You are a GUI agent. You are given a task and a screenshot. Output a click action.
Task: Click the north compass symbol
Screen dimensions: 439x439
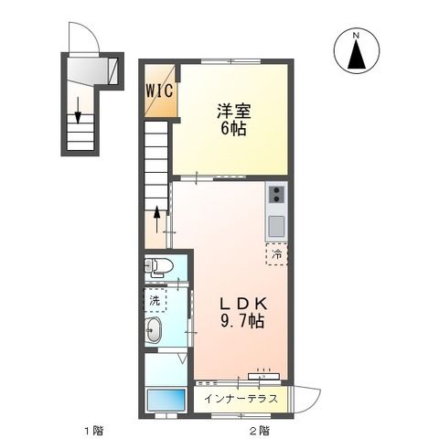click(x=358, y=51)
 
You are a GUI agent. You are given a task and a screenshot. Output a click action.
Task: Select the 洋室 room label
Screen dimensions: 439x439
click(x=233, y=112)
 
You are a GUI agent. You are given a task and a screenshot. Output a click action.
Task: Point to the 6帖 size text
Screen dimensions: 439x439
click(x=233, y=129)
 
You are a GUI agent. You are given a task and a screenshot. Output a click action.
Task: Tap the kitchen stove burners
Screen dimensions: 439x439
click(x=275, y=194)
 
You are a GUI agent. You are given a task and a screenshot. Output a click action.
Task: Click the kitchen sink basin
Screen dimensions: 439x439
click(x=276, y=225)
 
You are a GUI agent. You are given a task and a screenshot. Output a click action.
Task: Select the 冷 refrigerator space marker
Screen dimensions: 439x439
click(x=276, y=254)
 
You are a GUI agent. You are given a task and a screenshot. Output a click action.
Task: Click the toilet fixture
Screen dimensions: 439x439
click(x=157, y=267)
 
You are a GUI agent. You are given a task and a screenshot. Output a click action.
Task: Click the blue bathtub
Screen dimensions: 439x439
click(x=166, y=399)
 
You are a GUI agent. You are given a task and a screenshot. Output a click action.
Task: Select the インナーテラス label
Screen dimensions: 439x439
click(x=240, y=399)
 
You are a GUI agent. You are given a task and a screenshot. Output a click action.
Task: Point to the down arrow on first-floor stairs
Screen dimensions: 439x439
click(x=80, y=110)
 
